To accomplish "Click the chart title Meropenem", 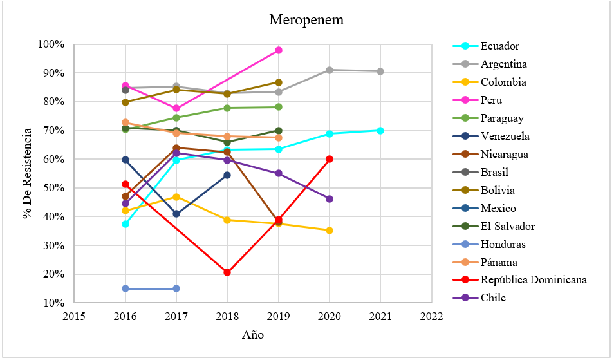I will tap(306, 20).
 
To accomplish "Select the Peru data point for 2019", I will tap(279, 50).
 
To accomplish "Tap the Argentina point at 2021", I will tap(380, 71).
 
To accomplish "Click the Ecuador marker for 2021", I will tap(380, 131).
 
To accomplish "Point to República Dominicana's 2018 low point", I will tap(227, 272).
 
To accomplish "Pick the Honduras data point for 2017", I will tap(176, 289).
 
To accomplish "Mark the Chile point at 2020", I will tap(330, 199).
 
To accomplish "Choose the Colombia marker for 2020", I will tap(330, 231).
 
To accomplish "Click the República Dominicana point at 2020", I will tap(330, 159).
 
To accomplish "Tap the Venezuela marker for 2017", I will tap(176, 214).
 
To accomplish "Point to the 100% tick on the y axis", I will tap(51, 44).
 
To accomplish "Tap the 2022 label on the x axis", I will tap(431, 317).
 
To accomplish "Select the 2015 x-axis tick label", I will tap(74, 317).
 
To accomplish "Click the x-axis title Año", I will tap(252, 335).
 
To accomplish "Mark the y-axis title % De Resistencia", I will tap(27, 174).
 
